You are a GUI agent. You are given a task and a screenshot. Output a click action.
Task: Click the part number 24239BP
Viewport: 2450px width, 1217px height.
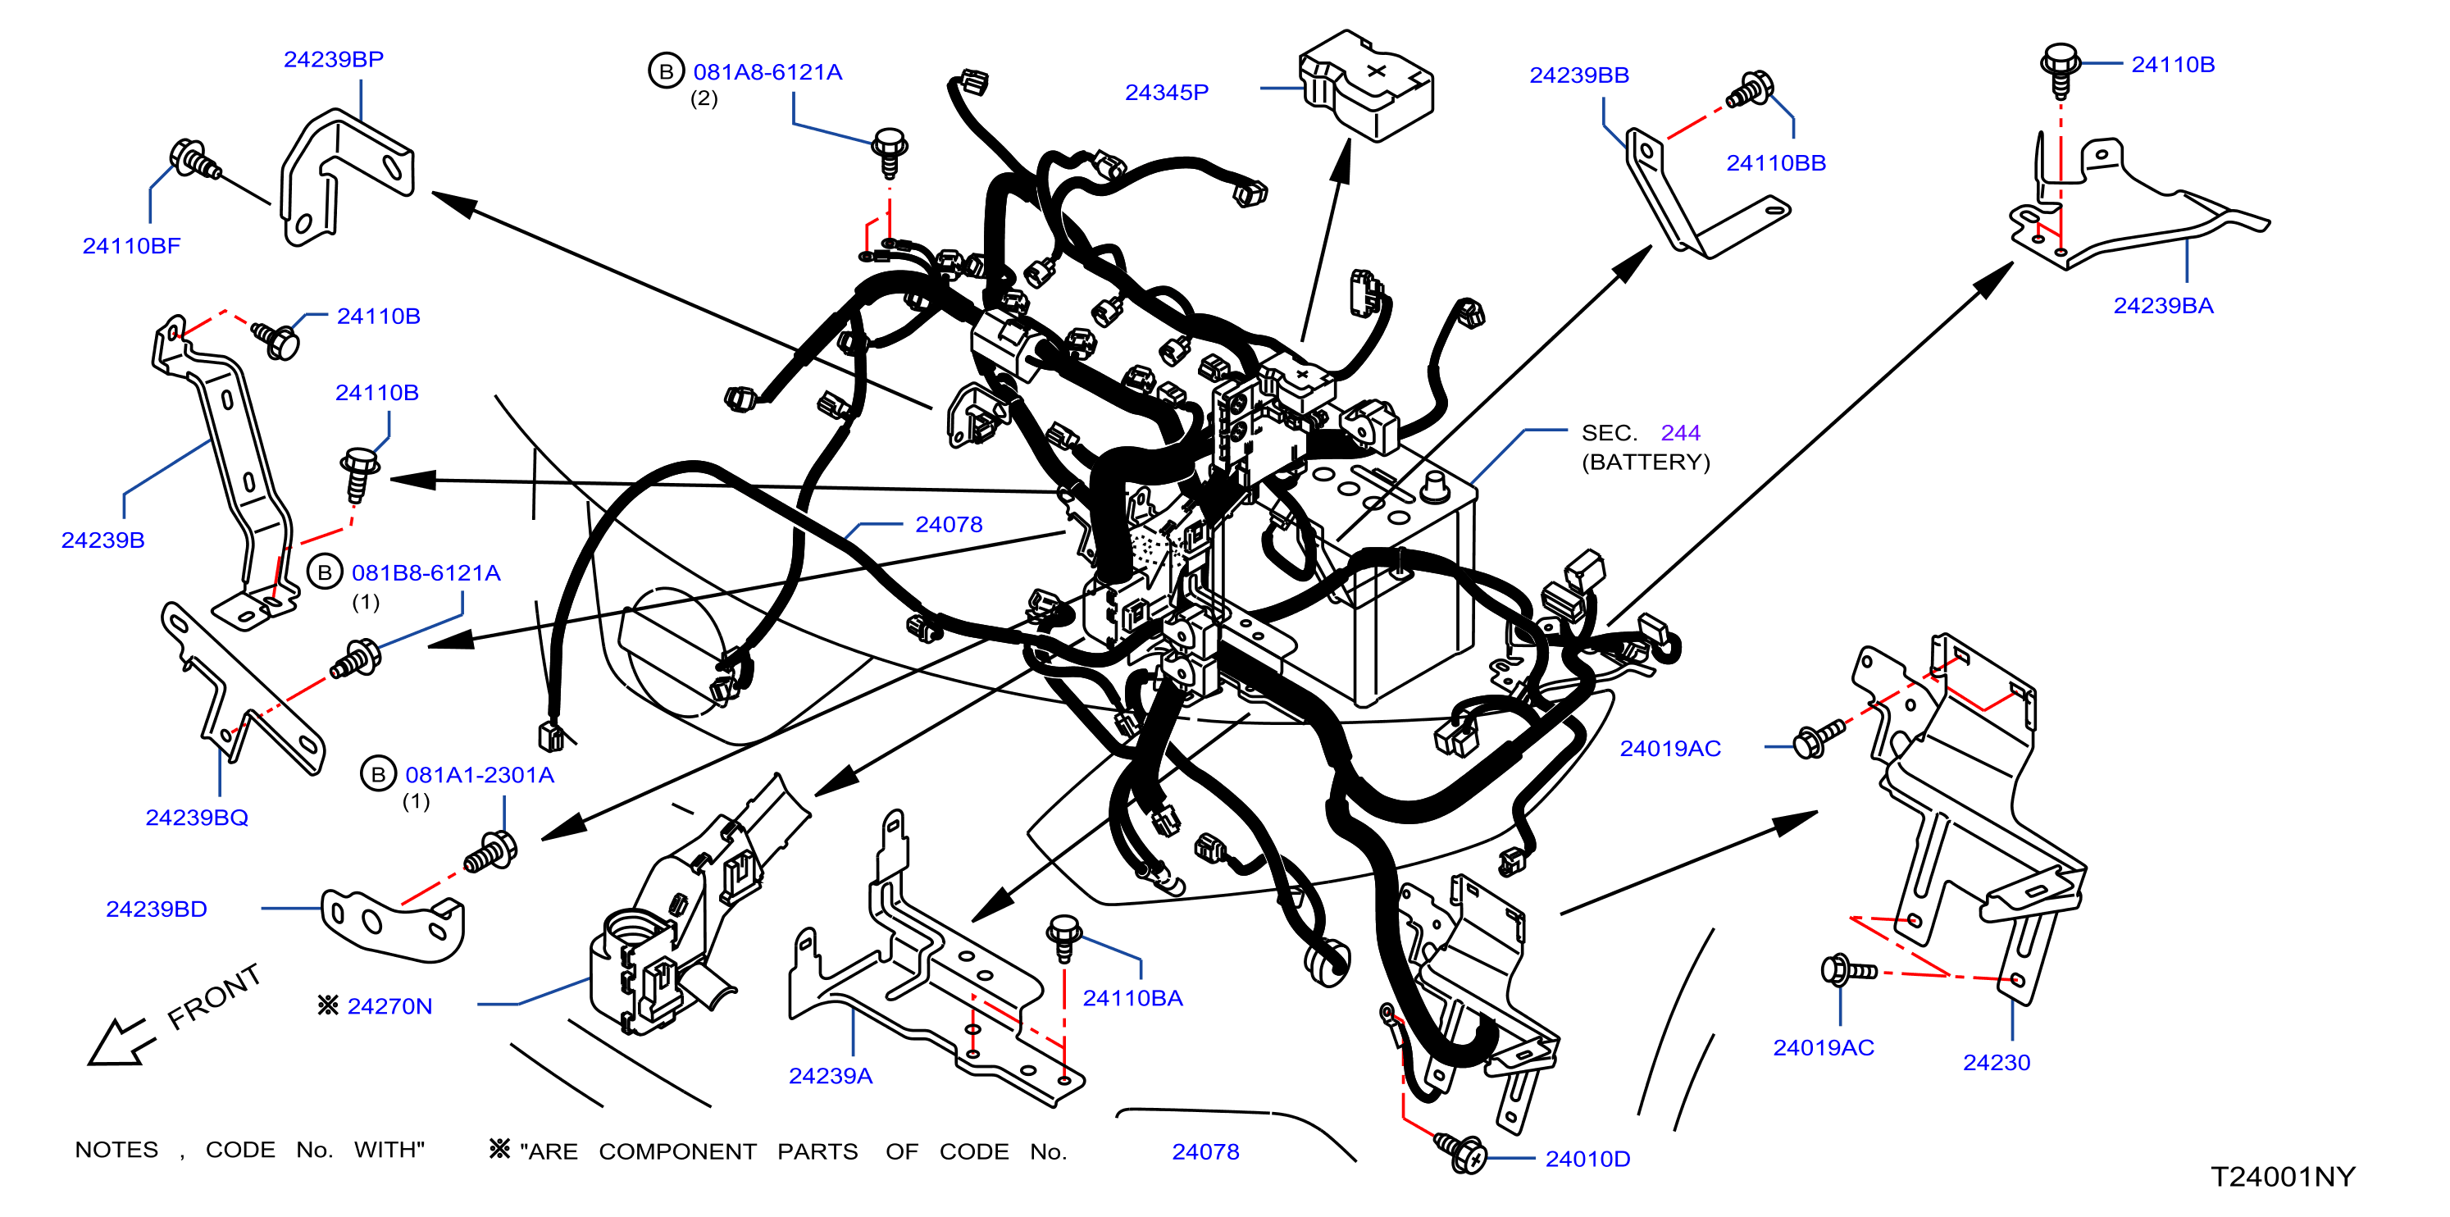(333, 59)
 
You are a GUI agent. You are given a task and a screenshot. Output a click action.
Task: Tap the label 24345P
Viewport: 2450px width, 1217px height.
(1166, 93)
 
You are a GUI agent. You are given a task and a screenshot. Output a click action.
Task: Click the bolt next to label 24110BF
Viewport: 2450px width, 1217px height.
(195, 160)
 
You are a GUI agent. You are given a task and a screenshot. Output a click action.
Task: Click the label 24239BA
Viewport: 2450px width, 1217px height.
(2163, 305)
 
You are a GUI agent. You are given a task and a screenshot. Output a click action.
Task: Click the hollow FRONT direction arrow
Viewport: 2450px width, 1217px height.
(119, 1042)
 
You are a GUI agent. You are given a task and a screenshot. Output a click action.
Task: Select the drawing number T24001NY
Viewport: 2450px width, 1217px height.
(2283, 1177)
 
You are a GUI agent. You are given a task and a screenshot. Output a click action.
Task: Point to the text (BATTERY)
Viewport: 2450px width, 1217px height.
(1646, 463)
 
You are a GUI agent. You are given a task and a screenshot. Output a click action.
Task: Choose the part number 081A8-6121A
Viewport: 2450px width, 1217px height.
(767, 72)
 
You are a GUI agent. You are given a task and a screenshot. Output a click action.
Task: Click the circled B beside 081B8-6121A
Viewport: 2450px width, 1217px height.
(326, 572)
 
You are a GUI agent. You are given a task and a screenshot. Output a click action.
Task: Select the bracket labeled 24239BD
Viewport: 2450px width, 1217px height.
(393, 920)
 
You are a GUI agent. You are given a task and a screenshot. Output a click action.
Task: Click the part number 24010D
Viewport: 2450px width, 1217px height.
(1587, 1159)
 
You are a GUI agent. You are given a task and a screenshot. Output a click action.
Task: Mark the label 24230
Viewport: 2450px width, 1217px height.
(1997, 1063)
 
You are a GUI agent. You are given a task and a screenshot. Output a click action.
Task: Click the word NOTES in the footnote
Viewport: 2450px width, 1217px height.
(117, 1150)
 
